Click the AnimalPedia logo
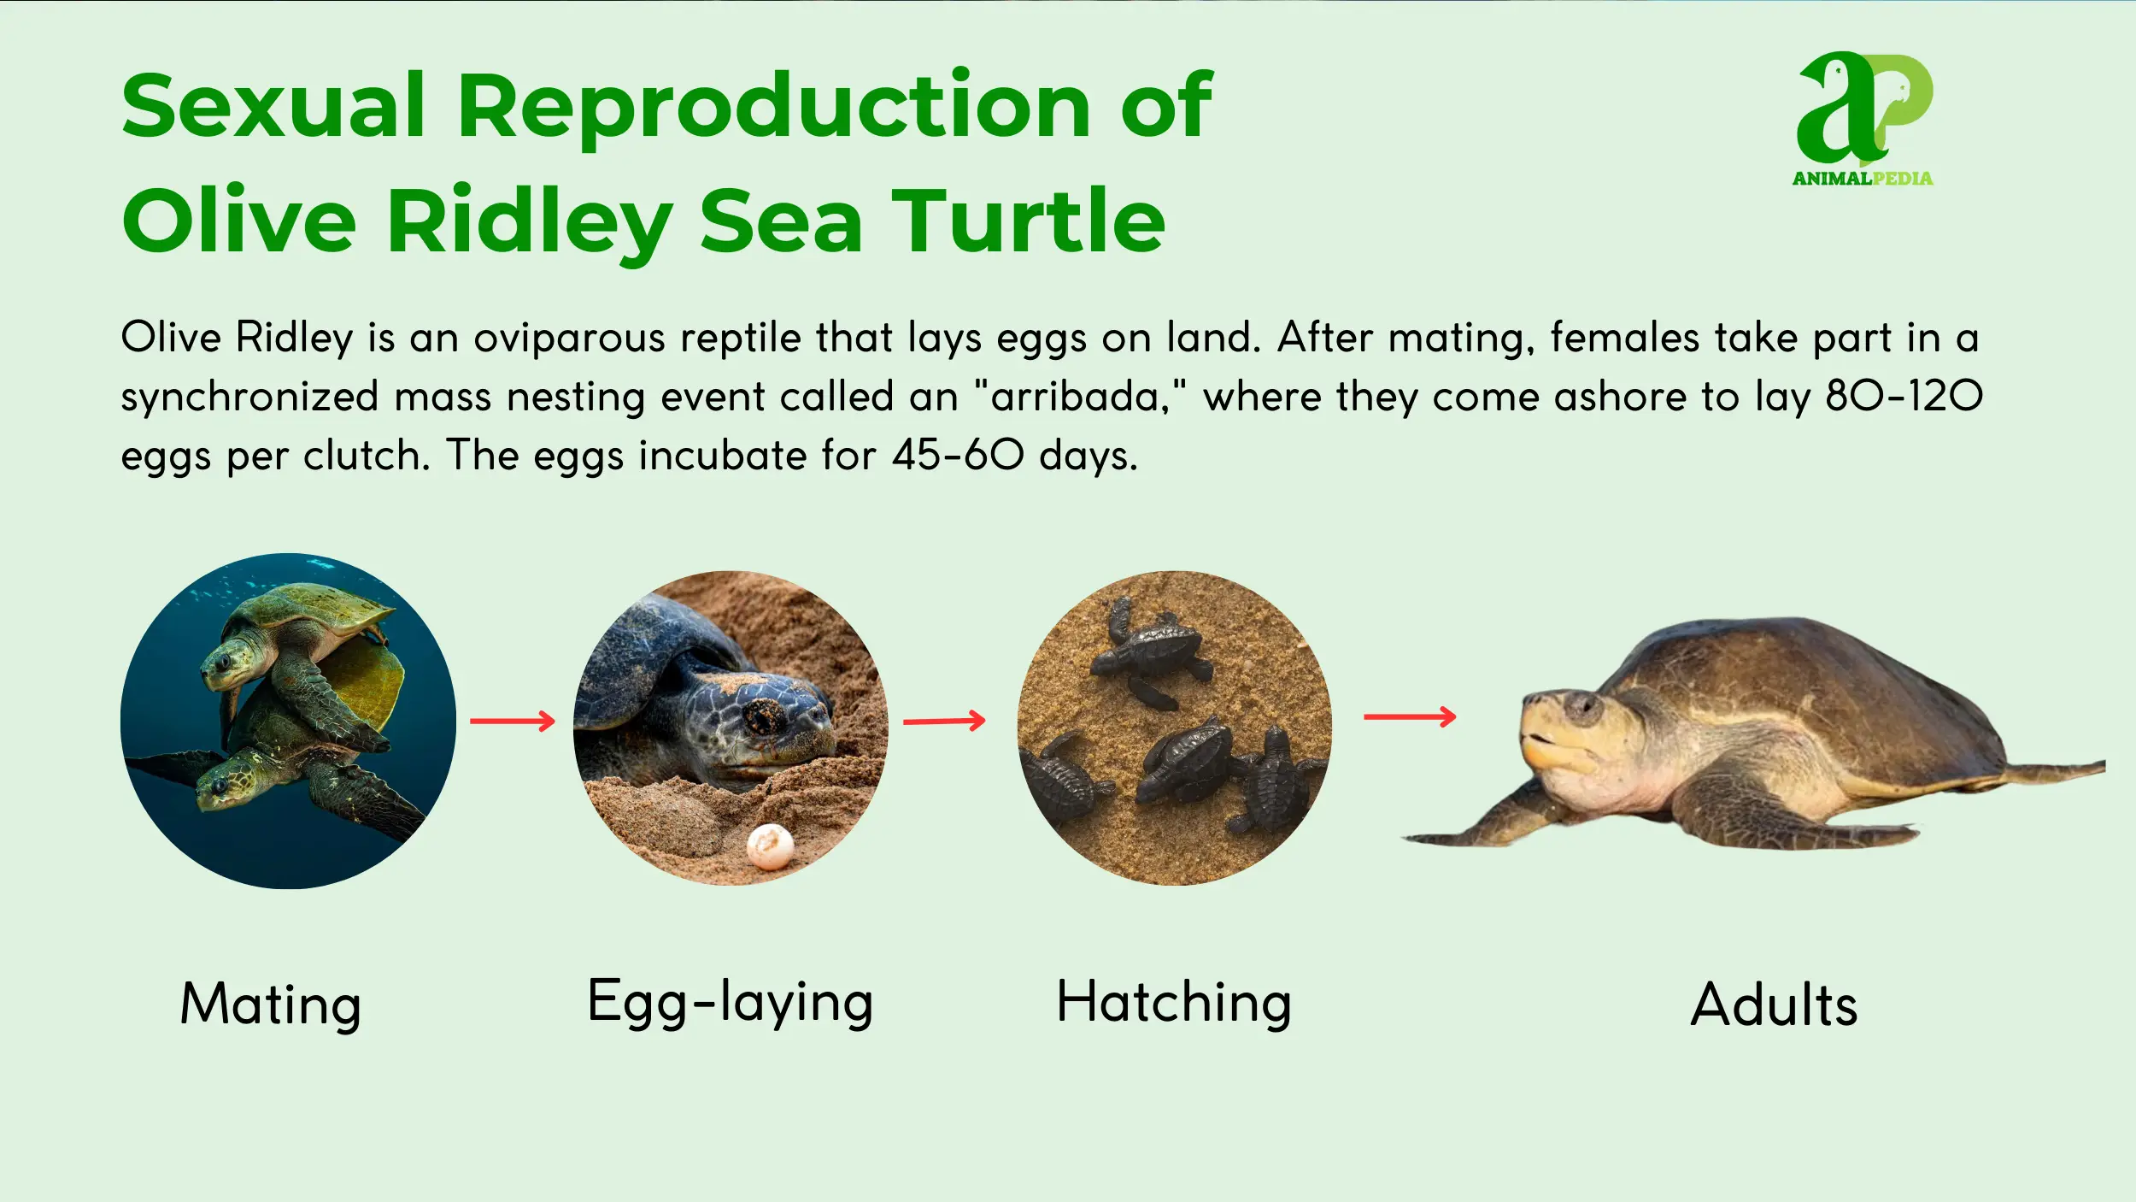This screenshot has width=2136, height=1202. pos(1863,119)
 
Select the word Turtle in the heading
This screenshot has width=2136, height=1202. pos(1029,221)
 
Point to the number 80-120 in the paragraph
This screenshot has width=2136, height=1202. pos(1904,396)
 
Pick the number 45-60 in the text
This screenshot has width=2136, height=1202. pos(958,455)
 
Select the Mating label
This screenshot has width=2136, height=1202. pos(271,1005)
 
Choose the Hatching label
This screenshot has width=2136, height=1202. pos(1174,1002)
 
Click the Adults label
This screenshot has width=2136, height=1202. pos(1774,1005)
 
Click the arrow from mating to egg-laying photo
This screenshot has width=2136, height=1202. pos(513,721)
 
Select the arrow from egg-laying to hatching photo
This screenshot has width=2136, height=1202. pos(944,721)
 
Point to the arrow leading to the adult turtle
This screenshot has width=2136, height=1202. pos(1410,716)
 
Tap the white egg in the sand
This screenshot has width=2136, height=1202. pos(770,846)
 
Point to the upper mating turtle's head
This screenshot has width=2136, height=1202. pos(231,663)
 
